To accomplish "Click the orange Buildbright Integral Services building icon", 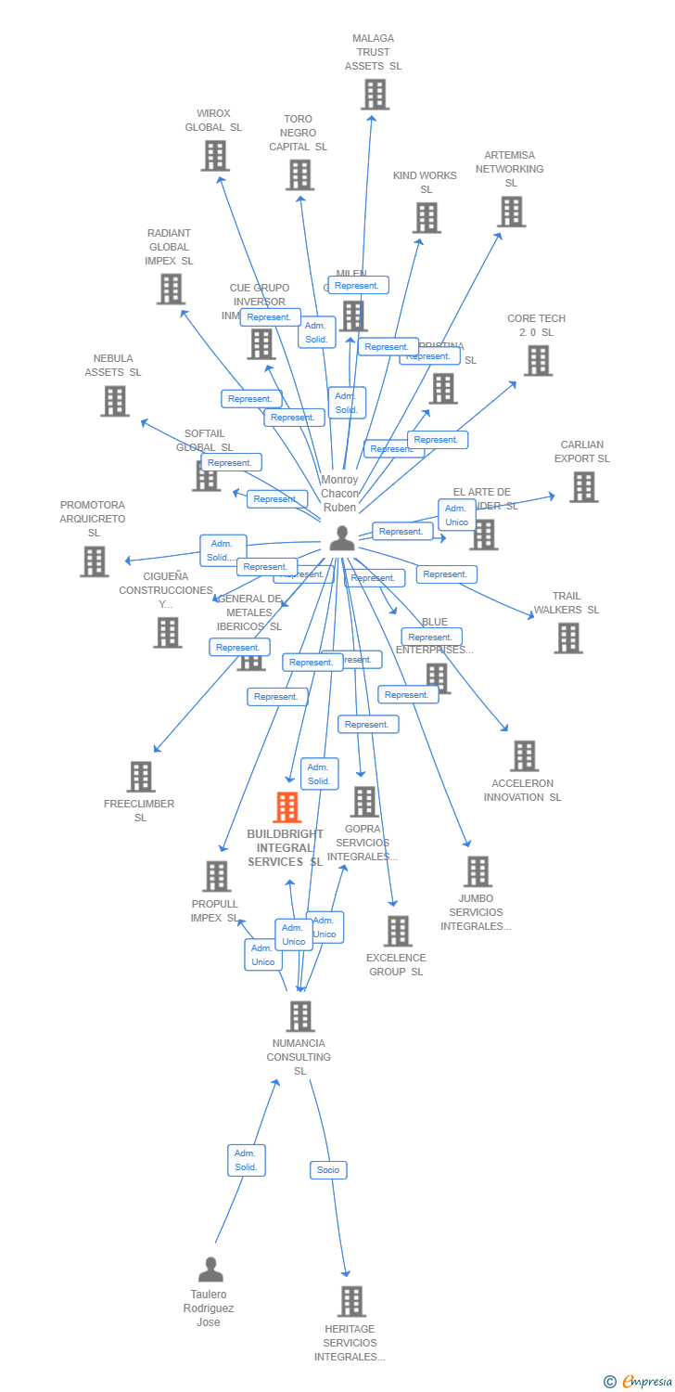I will click(x=287, y=807).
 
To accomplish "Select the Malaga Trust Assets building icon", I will click(x=375, y=95).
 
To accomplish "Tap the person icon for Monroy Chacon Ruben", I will click(x=342, y=538).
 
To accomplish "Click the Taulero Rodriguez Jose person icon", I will click(x=210, y=1269).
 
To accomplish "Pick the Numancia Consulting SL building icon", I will click(x=300, y=1016).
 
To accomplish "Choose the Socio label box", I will click(x=328, y=1170).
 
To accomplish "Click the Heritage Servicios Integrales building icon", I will click(x=351, y=1301).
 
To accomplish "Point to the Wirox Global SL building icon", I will click(x=215, y=156).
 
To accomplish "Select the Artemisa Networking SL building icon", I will click(x=511, y=212).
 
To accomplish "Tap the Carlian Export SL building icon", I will click(x=583, y=487).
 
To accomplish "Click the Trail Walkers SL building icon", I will click(x=568, y=638).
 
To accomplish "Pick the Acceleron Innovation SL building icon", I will click(x=525, y=756).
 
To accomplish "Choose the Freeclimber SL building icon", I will click(x=141, y=777).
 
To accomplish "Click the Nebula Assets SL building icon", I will click(x=115, y=401).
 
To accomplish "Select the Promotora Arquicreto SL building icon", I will click(x=94, y=561).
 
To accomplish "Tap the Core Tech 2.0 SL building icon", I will click(x=538, y=360).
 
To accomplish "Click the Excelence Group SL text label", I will click(x=396, y=965).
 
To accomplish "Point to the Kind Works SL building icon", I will click(x=427, y=218).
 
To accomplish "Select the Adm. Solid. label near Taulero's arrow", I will click(x=246, y=1160).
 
